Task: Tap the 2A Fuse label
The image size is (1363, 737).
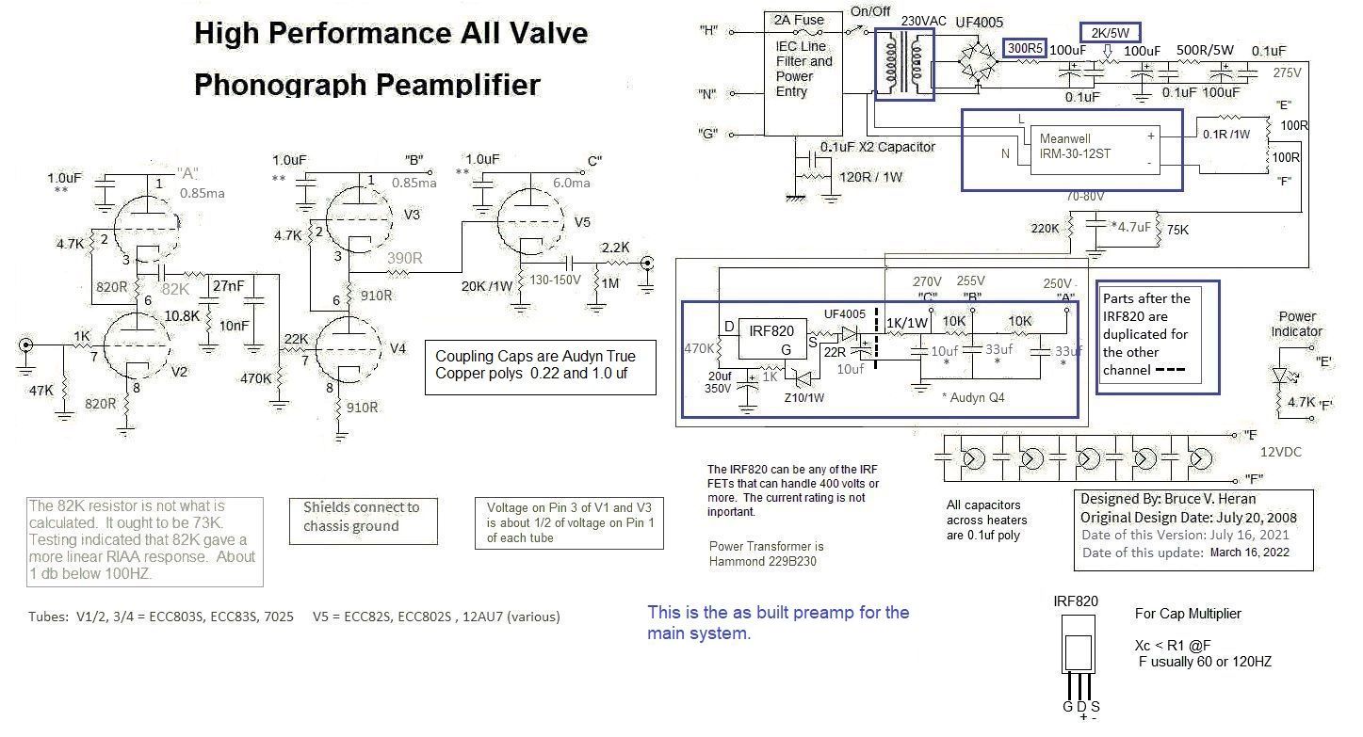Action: tap(796, 20)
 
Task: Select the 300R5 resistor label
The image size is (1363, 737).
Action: tap(1024, 48)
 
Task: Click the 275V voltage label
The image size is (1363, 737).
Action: tap(1287, 72)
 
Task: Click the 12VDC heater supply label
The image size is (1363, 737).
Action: tap(1280, 452)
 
